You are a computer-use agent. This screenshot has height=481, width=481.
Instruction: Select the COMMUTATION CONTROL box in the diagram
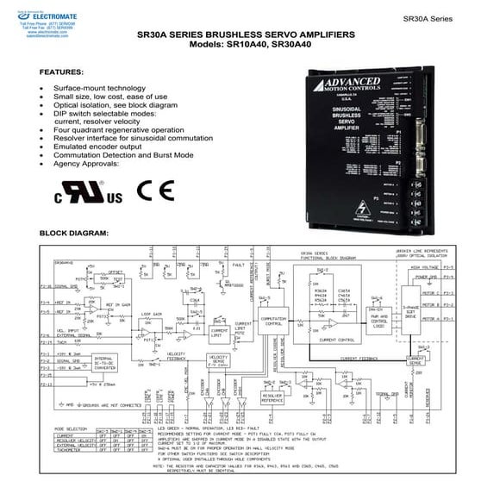tap(272, 321)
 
